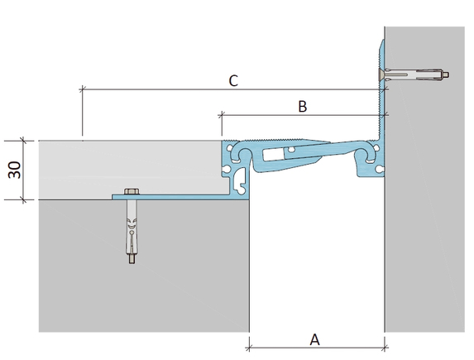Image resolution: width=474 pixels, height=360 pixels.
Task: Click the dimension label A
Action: (x=314, y=340)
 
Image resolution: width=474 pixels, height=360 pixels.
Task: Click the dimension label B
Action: (x=303, y=107)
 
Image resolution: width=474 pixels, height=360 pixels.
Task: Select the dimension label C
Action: (x=233, y=81)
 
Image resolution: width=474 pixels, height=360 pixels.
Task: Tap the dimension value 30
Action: (x=15, y=170)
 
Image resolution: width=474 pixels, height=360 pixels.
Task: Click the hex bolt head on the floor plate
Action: (x=132, y=191)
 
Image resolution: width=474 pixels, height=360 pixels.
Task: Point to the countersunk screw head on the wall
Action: (x=381, y=74)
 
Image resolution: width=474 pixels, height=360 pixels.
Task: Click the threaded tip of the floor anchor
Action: (x=132, y=260)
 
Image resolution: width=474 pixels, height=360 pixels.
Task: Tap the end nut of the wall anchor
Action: (x=446, y=74)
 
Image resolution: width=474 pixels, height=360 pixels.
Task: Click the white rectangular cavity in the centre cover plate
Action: (x=273, y=155)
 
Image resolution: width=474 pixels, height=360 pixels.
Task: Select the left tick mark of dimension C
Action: (x=82, y=89)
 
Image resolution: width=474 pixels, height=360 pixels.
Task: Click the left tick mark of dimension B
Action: (x=222, y=115)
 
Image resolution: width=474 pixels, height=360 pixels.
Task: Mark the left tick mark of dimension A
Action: (x=249, y=348)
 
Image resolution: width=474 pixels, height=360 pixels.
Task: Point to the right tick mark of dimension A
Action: (x=385, y=348)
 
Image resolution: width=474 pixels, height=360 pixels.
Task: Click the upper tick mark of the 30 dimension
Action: (x=23, y=141)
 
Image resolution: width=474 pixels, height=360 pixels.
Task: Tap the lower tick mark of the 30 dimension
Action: (x=23, y=199)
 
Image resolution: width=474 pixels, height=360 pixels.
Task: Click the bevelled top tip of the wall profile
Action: (x=383, y=41)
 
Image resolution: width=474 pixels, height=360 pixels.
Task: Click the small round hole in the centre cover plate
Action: (x=291, y=149)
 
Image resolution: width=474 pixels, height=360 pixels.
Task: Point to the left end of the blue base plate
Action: (x=113, y=197)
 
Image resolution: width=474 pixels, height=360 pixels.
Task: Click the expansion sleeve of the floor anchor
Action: (x=132, y=236)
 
